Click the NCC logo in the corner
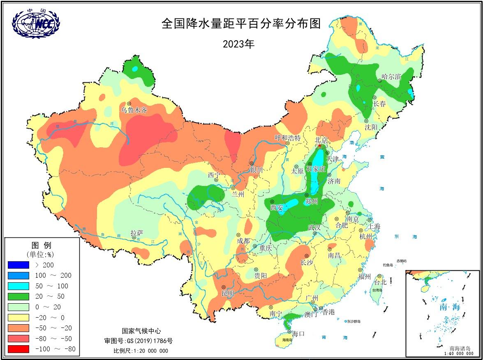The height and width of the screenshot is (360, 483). tap(36, 23)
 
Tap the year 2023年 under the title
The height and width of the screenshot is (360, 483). tap(238, 44)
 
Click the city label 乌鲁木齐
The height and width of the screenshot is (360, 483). tap(134, 110)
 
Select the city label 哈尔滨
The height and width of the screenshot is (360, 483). tap(391, 76)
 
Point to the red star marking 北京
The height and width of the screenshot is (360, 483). tap(319, 146)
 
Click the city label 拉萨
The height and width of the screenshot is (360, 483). tap(137, 233)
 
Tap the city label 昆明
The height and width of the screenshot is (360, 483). tap(228, 293)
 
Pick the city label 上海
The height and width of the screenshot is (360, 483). tap(374, 227)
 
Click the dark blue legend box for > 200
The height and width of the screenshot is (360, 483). tap(18, 265)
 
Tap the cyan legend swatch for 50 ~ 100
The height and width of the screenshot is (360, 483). tap(18, 286)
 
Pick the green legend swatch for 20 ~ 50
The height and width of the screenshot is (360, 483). tap(18, 296)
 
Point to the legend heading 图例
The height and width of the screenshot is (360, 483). tap(42, 246)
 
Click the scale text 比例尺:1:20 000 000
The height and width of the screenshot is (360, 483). tap(141, 351)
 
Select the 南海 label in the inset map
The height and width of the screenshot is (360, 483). tap(450, 307)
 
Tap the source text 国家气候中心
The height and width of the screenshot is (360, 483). tap(141, 331)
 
